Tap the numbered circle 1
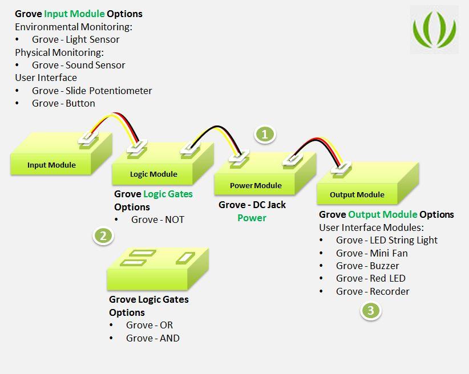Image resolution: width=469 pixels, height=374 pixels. click(x=265, y=135)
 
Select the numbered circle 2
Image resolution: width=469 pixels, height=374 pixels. click(x=103, y=235)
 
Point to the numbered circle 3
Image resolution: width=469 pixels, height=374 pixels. click(x=371, y=311)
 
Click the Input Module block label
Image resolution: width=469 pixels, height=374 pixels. click(x=51, y=165)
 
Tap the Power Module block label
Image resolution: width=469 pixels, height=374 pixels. click(x=256, y=185)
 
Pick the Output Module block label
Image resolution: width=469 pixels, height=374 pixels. click(x=357, y=195)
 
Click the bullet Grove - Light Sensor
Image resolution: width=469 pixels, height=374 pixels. click(x=75, y=39)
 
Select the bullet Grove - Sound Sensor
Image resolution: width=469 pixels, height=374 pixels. click(x=78, y=65)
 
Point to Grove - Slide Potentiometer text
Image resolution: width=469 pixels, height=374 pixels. click(x=92, y=91)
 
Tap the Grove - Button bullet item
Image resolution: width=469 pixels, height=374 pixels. click(x=63, y=103)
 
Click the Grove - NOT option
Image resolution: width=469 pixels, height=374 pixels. click(x=157, y=219)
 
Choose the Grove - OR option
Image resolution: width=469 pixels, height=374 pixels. click(x=149, y=325)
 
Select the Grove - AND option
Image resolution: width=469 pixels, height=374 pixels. click(x=153, y=338)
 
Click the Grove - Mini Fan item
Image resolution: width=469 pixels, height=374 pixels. click(x=371, y=253)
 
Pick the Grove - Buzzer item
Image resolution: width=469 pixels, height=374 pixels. click(x=367, y=266)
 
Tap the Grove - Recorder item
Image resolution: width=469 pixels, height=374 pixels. click(x=373, y=291)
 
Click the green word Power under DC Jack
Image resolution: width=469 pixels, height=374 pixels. click(x=252, y=218)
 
